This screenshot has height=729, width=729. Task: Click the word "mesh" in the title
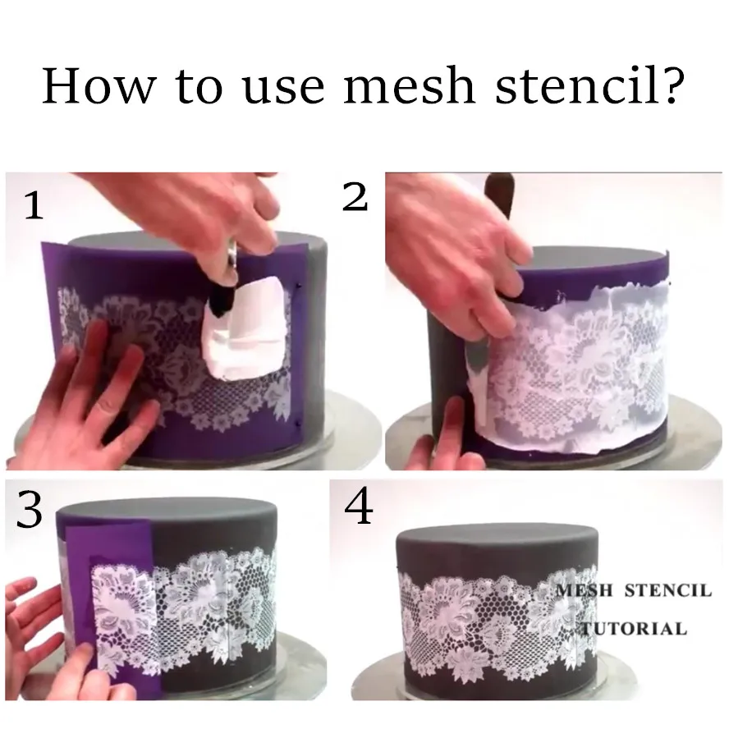pos(407,85)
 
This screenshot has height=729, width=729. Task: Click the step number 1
pos(34,206)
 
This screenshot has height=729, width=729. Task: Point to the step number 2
pos(355,197)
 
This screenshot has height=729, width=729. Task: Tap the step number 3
pos(30,511)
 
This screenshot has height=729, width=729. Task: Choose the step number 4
pos(359,508)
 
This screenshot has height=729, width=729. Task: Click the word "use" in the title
pos(286,85)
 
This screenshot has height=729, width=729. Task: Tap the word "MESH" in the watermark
pos(585,590)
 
